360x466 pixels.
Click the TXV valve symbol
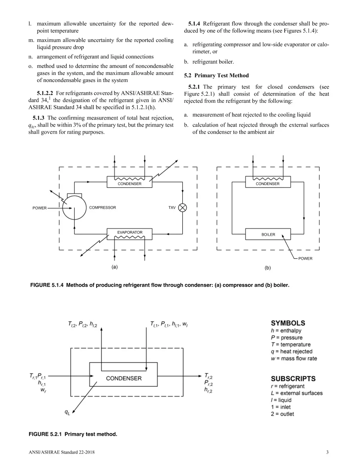182,208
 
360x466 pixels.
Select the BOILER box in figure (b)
268,234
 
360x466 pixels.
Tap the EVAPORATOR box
129,234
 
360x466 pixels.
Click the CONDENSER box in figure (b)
268,182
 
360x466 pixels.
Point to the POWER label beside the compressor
40,208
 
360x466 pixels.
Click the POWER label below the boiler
305,258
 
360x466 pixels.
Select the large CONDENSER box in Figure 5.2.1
123,374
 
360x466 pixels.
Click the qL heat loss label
67,413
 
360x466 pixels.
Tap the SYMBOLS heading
288,323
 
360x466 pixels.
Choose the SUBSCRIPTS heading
293,379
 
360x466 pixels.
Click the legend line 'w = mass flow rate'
294,359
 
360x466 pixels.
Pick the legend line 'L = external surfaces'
297,393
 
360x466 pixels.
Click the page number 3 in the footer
327,452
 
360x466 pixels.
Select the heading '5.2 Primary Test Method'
216,75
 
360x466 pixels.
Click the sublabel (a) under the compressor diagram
115,267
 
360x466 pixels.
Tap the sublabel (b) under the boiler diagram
267,268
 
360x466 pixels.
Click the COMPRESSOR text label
102,208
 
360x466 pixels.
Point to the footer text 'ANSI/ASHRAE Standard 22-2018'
62,452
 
